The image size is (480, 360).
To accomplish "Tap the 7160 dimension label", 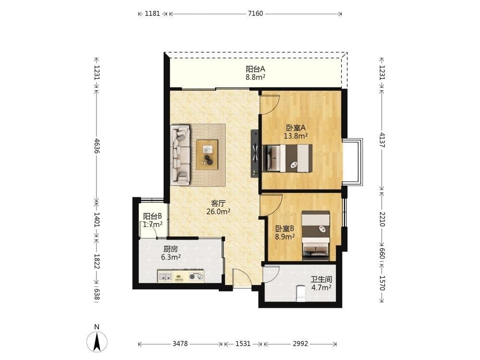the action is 255,13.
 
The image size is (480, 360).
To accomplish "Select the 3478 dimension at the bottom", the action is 180,344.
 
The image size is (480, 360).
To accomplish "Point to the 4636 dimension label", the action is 97,146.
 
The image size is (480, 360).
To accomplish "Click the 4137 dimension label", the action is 382,140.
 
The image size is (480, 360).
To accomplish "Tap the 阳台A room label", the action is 255,70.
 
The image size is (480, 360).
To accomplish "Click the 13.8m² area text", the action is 296,136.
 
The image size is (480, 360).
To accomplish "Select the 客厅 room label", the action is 218,203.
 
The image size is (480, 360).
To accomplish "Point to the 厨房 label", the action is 170,249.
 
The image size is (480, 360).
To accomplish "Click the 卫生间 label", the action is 321,279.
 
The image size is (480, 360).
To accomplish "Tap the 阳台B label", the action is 153,216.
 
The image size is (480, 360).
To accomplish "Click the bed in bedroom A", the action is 288,158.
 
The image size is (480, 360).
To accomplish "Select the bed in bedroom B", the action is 316,236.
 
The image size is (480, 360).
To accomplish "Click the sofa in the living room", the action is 180,155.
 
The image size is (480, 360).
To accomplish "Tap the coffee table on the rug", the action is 207,155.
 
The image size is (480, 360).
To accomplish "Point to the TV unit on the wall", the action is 255,154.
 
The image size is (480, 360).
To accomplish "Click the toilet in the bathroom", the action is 301,293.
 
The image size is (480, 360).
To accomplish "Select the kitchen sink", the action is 165,277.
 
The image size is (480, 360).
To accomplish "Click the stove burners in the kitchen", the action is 196,277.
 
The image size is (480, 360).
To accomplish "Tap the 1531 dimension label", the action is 243,344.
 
